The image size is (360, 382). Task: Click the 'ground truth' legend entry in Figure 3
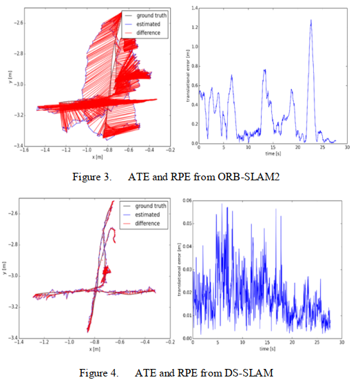click(x=152, y=15)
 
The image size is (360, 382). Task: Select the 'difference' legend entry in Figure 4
click(x=147, y=223)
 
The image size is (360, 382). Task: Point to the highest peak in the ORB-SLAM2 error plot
click(x=311, y=21)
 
